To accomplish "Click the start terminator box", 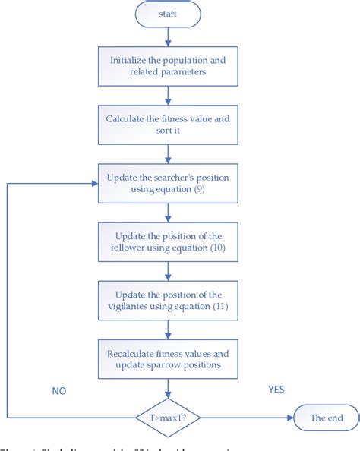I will click(168, 13).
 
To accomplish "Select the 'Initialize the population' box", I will click(168, 66).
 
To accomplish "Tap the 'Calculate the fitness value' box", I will click(168, 124).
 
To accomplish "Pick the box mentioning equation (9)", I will click(168, 183).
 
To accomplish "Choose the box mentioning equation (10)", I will click(168, 242).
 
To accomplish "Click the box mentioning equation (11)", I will click(168, 300).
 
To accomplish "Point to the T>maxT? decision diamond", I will click(168, 417).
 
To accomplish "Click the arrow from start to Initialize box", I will click(168, 36).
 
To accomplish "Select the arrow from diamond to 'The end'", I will click(246, 417).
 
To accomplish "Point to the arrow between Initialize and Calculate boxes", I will click(168, 95).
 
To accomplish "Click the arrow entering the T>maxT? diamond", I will click(168, 388).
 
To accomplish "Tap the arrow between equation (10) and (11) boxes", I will click(168, 271).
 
